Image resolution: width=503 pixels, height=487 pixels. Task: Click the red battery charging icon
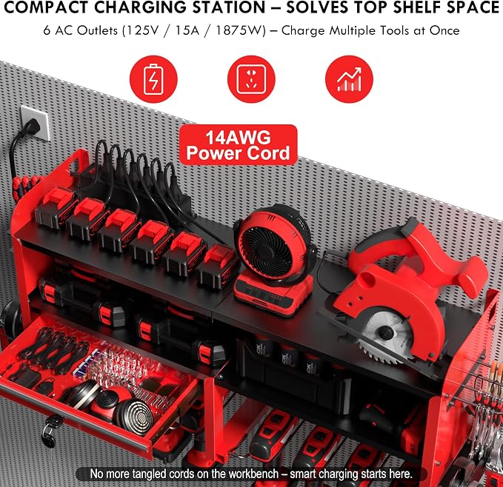click(x=153, y=79)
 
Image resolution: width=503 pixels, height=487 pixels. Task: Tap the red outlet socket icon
click(x=251, y=79)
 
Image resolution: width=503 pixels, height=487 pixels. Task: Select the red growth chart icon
click(x=349, y=79)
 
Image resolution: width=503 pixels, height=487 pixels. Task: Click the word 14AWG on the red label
click(x=238, y=138)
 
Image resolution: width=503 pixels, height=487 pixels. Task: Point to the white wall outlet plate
click(x=35, y=123)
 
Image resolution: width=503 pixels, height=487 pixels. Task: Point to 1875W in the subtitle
click(x=240, y=31)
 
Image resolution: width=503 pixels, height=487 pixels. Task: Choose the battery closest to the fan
click(x=218, y=266)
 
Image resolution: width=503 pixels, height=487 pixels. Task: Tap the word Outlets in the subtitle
click(x=97, y=31)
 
